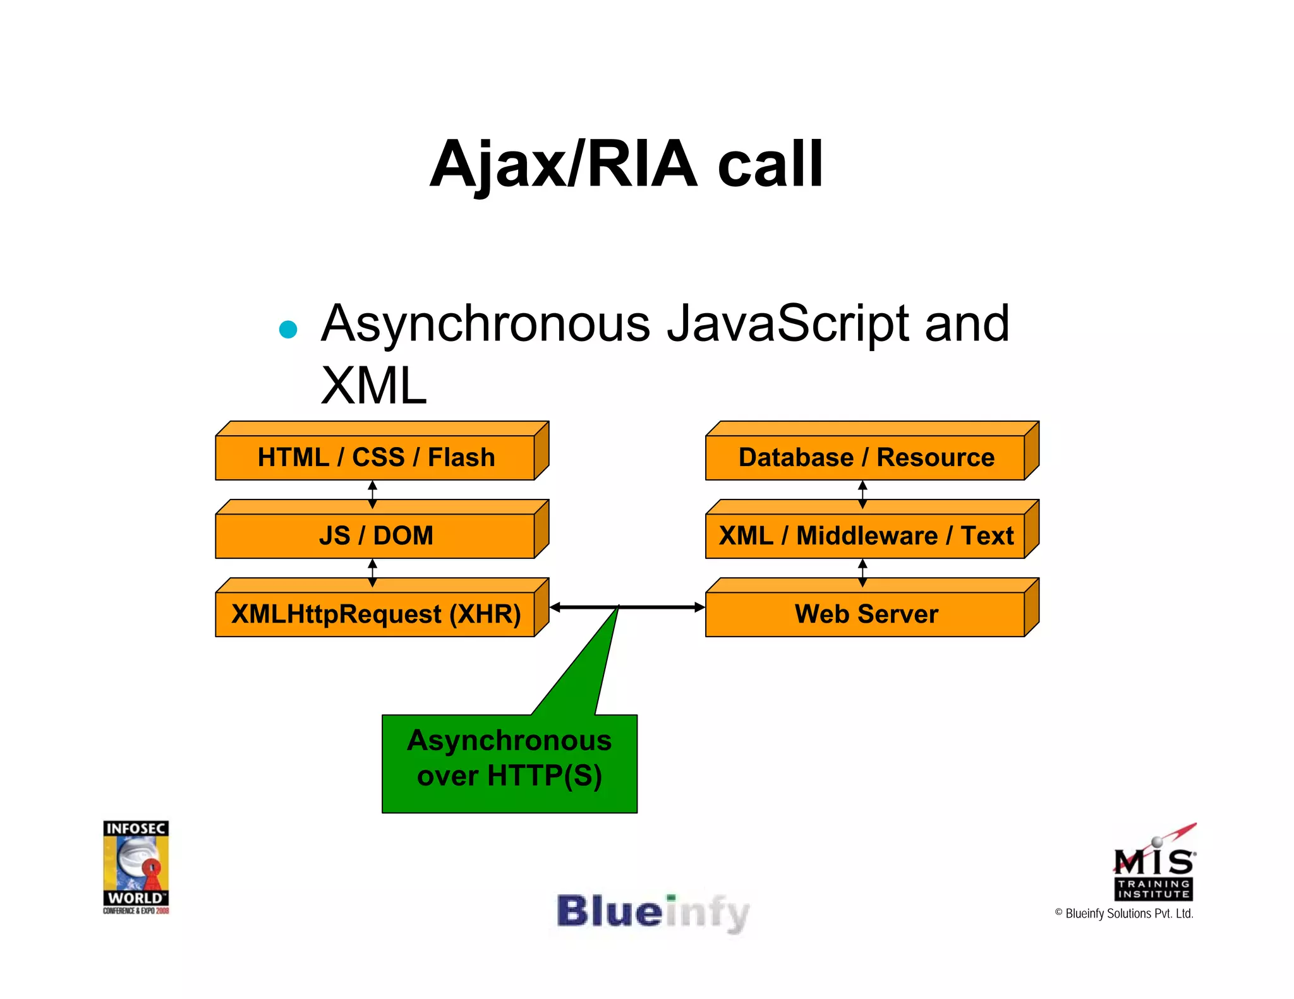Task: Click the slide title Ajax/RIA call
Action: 626,164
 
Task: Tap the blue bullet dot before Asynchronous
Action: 288,330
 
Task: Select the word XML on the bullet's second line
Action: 373,385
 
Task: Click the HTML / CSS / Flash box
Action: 376,457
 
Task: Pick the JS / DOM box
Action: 376,535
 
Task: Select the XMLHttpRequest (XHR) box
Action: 376,614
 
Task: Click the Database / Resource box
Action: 866,457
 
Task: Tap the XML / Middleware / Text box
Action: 866,535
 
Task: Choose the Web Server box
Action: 866,614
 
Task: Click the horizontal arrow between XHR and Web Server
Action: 657,607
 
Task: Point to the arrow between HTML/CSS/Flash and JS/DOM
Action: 372,494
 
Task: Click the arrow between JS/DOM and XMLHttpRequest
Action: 372,573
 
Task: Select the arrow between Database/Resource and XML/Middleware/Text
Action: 862,494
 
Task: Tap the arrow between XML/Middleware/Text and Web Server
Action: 862,573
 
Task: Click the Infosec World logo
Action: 136,866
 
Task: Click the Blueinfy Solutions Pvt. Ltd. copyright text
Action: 1124,913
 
